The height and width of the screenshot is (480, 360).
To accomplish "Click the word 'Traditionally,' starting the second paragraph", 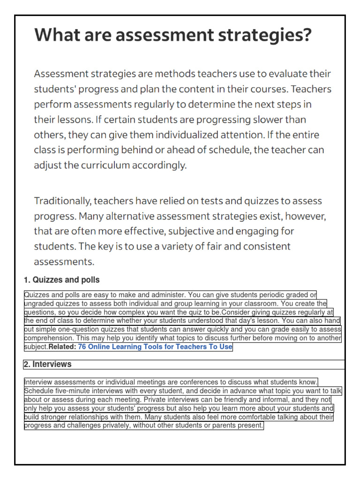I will click(62, 201).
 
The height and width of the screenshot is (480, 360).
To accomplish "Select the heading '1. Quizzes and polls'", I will click(61, 280).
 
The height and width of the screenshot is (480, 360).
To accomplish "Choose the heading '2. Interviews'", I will click(47, 364).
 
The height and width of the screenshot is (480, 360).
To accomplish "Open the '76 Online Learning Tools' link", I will click(155, 347).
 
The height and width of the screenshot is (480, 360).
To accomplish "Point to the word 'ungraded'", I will click(38, 304).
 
